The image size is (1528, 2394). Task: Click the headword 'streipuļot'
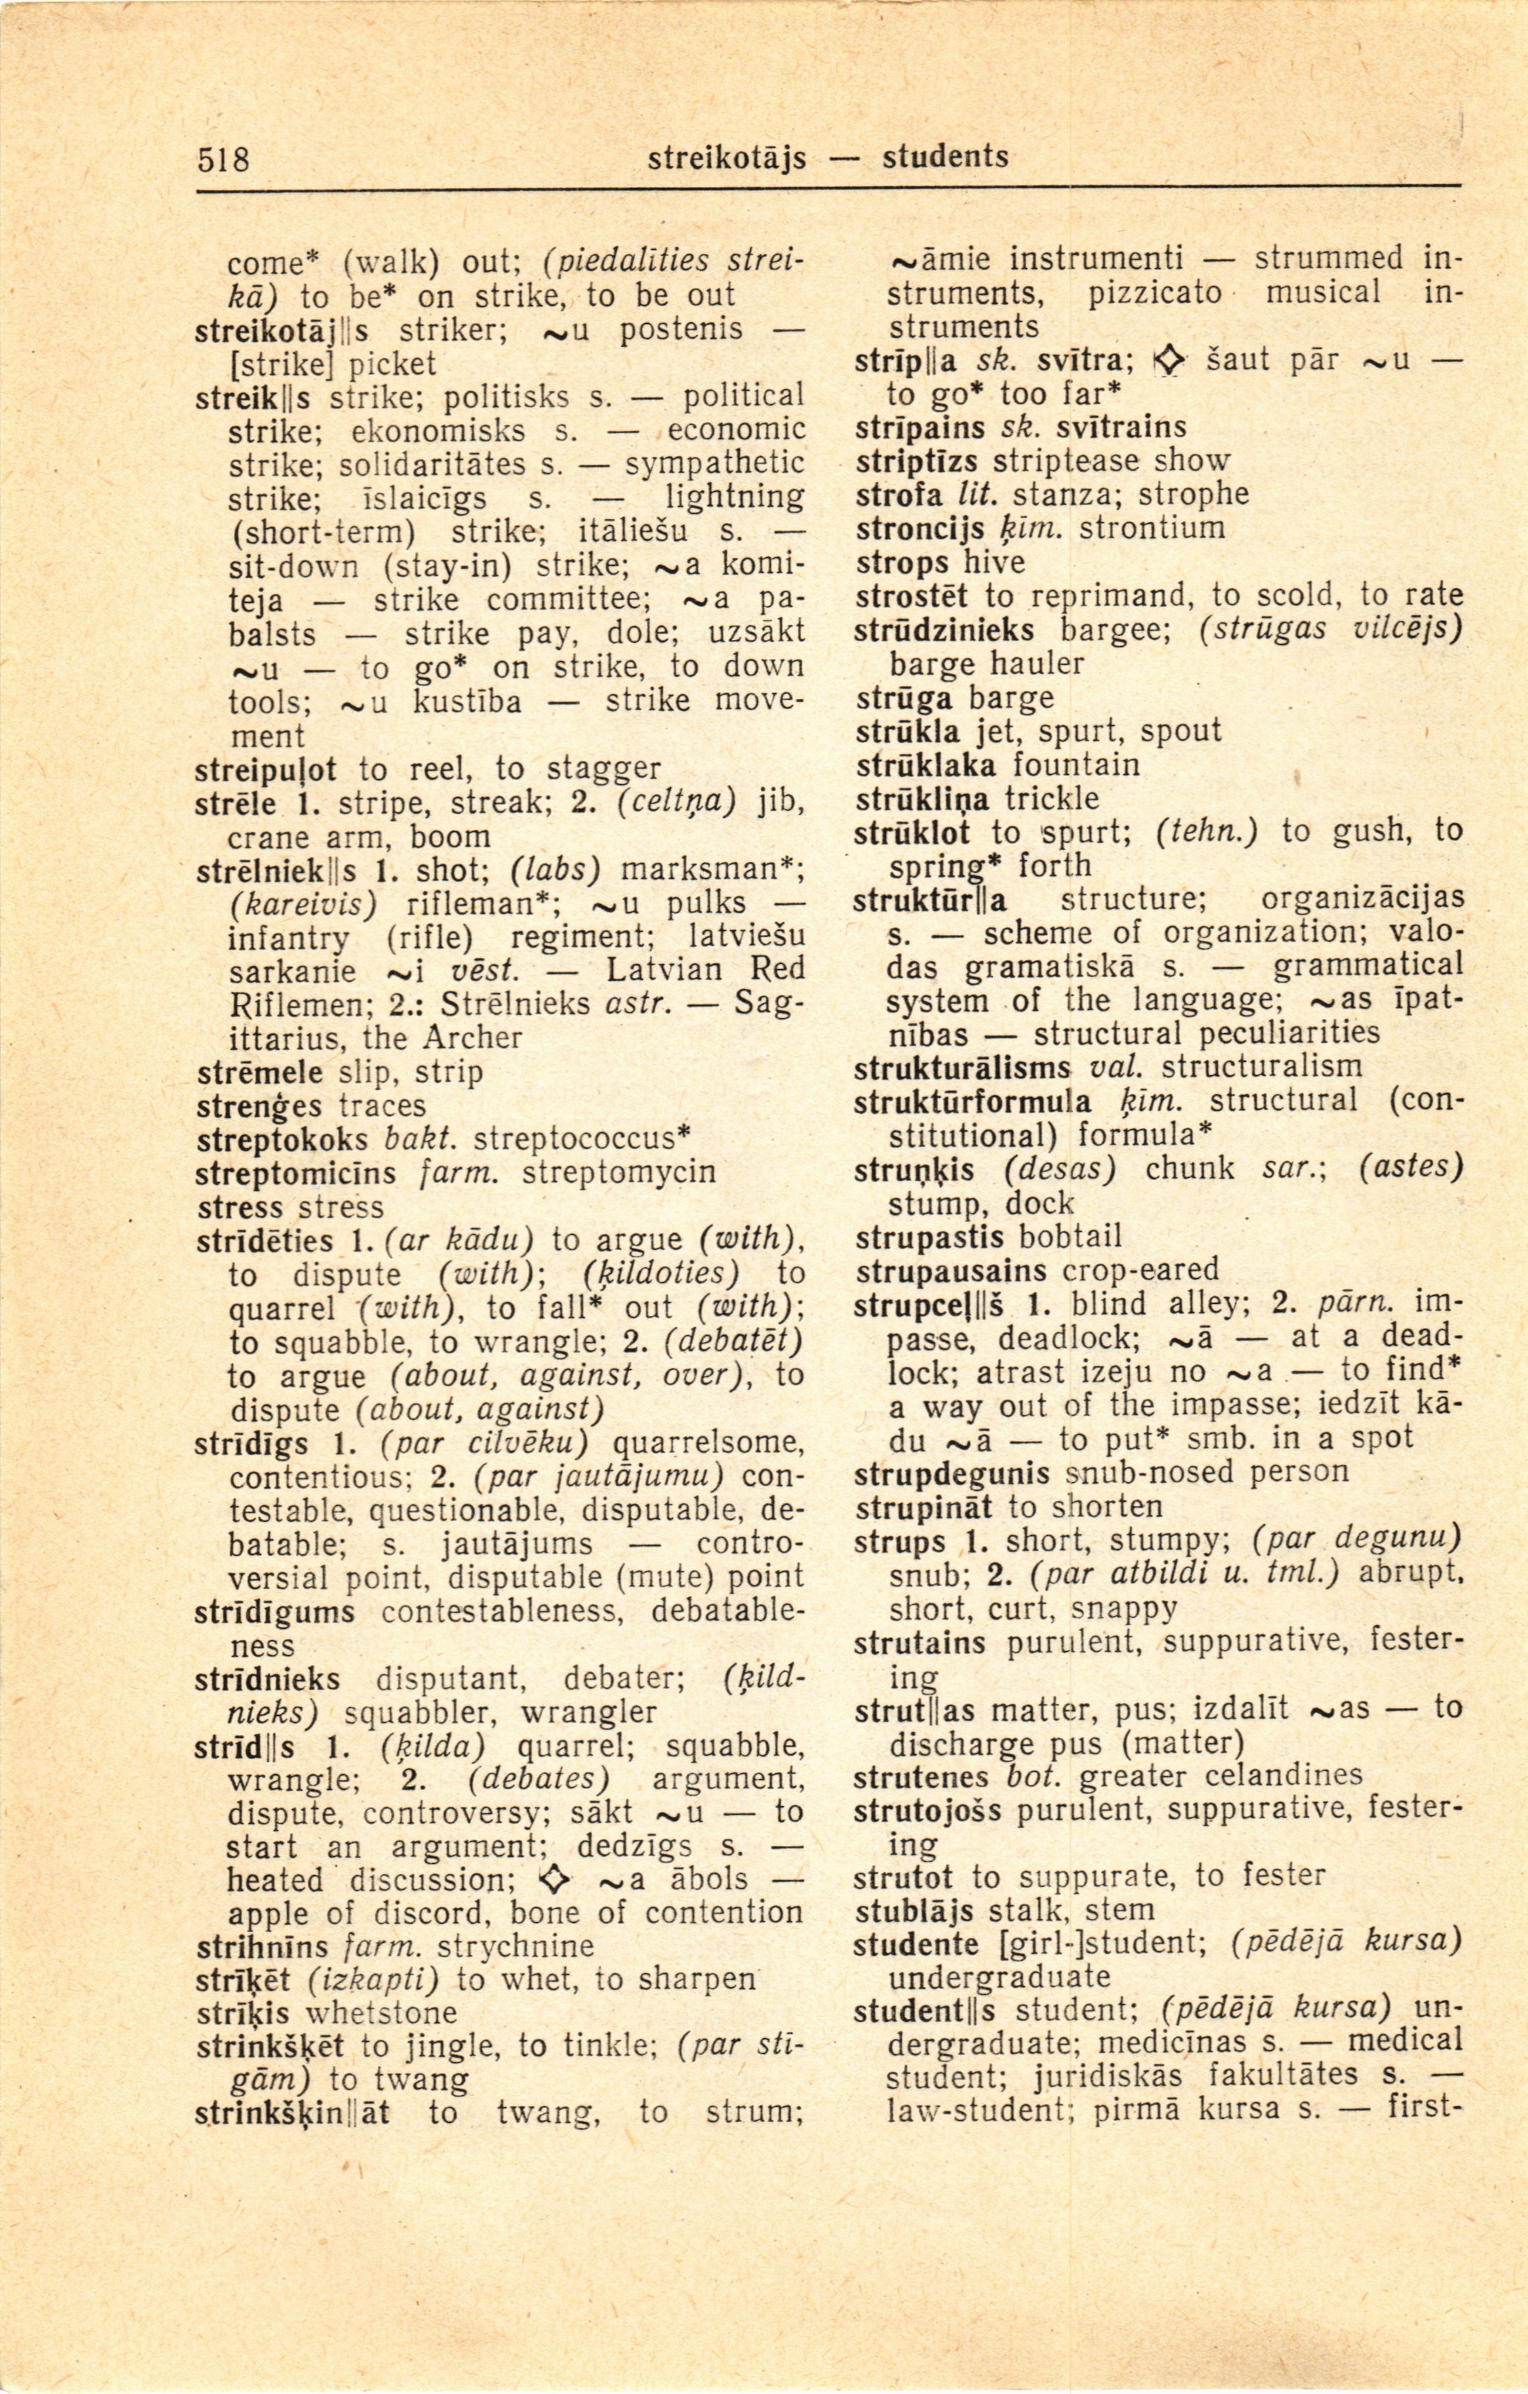click(266, 769)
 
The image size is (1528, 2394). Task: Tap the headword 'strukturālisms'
click(961, 1067)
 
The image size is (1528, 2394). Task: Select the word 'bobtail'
click(1070, 1238)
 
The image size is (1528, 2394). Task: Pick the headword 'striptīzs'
click(916, 460)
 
